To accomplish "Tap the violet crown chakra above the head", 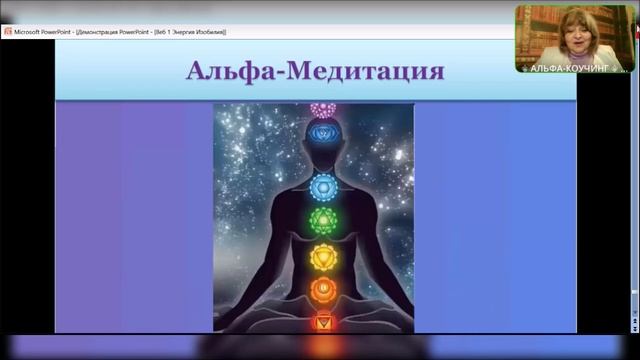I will coord(322,108).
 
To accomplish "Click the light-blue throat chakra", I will coord(322,186).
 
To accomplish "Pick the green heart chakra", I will coord(322,220).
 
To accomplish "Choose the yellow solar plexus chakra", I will coord(322,255).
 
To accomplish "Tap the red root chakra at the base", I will coord(322,322).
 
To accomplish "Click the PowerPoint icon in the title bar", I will coord(8,31).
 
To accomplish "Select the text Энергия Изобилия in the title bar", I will coord(197,31).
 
